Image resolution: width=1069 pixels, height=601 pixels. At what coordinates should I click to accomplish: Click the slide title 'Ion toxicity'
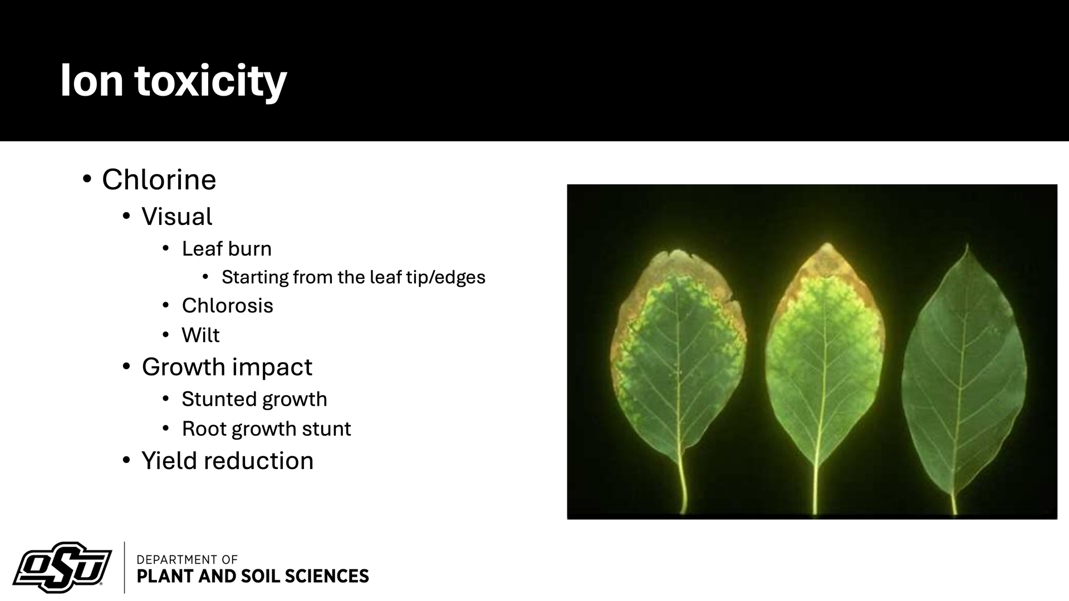[x=173, y=81]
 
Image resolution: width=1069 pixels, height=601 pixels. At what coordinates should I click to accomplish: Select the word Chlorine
[x=159, y=180]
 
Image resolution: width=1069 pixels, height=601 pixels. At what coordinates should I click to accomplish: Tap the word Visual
[x=177, y=216]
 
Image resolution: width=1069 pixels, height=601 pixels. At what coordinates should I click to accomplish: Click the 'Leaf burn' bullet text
[x=227, y=249]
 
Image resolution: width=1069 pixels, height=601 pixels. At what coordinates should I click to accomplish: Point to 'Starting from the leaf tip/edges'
[x=354, y=277]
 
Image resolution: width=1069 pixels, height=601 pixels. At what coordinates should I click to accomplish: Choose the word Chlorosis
[x=227, y=306]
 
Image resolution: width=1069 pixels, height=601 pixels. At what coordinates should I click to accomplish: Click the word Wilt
[x=200, y=335]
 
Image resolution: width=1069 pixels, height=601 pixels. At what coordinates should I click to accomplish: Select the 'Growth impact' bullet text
[x=227, y=367]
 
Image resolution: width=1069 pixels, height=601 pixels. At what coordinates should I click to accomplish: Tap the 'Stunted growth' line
[x=254, y=399]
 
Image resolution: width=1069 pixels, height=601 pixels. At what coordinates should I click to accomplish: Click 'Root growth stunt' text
[x=266, y=428]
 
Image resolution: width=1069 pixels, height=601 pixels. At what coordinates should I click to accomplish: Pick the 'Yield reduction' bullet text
[x=228, y=461]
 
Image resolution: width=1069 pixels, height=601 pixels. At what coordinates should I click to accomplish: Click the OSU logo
[x=62, y=568]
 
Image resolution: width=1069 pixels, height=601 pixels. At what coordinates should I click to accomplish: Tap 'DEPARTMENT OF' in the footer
[x=187, y=559]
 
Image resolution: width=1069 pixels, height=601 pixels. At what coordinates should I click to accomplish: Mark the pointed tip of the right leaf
[x=968, y=244]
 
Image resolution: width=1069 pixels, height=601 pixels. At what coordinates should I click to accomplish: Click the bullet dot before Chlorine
[x=86, y=180]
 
